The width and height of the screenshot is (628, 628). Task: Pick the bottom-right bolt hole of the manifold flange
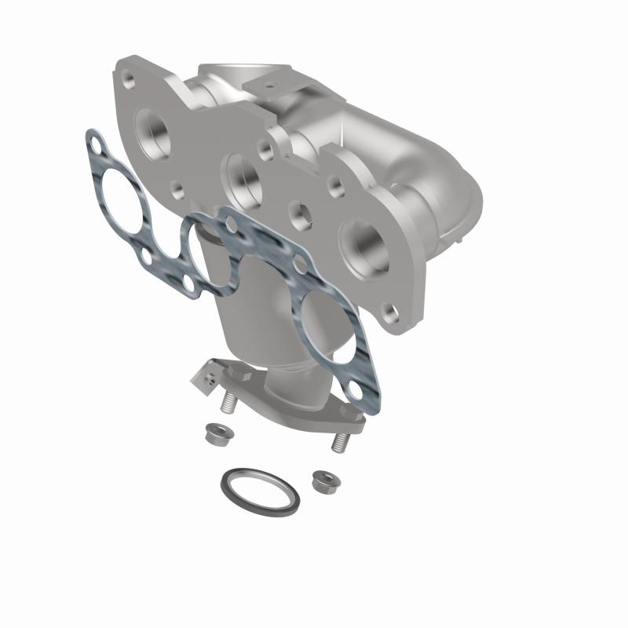click(389, 315)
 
